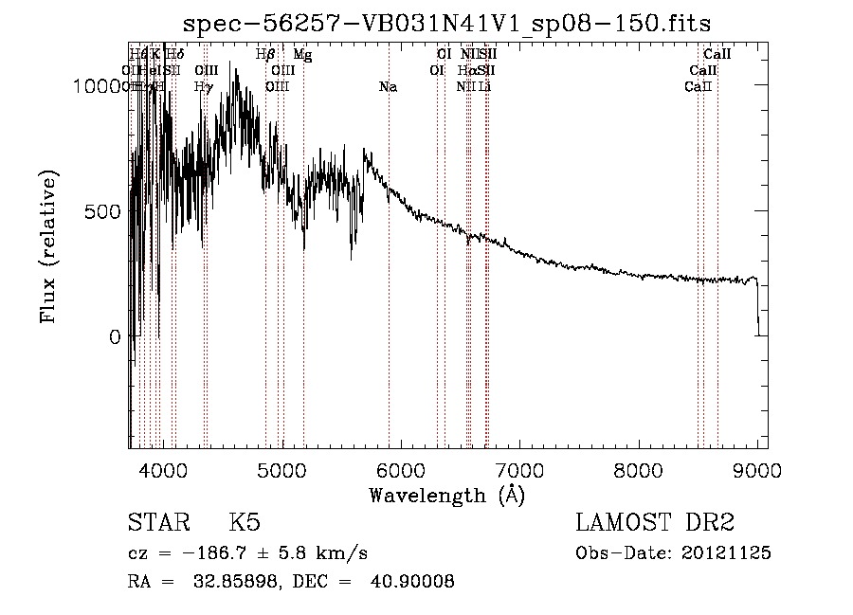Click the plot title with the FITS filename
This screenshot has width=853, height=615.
pyautogui.click(x=447, y=22)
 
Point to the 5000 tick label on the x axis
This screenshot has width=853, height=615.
pyautogui.click(x=281, y=471)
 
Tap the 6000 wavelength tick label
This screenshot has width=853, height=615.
pyautogui.click(x=401, y=471)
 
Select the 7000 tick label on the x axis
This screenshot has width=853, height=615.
pyautogui.click(x=519, y=471)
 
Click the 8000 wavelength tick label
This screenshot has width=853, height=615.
pyautogui.click(x=639, y=471)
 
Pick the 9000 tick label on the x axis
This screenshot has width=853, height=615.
pyautogui.click(x=757, y=471)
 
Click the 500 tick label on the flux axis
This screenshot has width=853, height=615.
pyautogui.click(x=102, y=211)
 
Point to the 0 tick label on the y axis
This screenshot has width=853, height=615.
pyautogui.click(x=116, y=336)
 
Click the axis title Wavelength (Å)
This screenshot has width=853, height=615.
pyautogui.click(x=446, y=495)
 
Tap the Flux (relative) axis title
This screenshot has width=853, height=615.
pyautogui.click(x=48, y=247)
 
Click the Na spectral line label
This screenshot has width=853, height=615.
pyautogui.click(x=388, y=87)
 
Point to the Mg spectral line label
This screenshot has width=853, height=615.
pyautogui.click(x=302, y=55)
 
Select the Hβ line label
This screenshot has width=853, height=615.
pyautogui.click(x=265, y=55)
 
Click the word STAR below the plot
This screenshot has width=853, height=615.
pyautogui.click(x=156, y=524)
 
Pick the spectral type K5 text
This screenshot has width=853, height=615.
pyautogui.click(x=245, y=524)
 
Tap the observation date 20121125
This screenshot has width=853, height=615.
pyautogui.click(x=728, y=553)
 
